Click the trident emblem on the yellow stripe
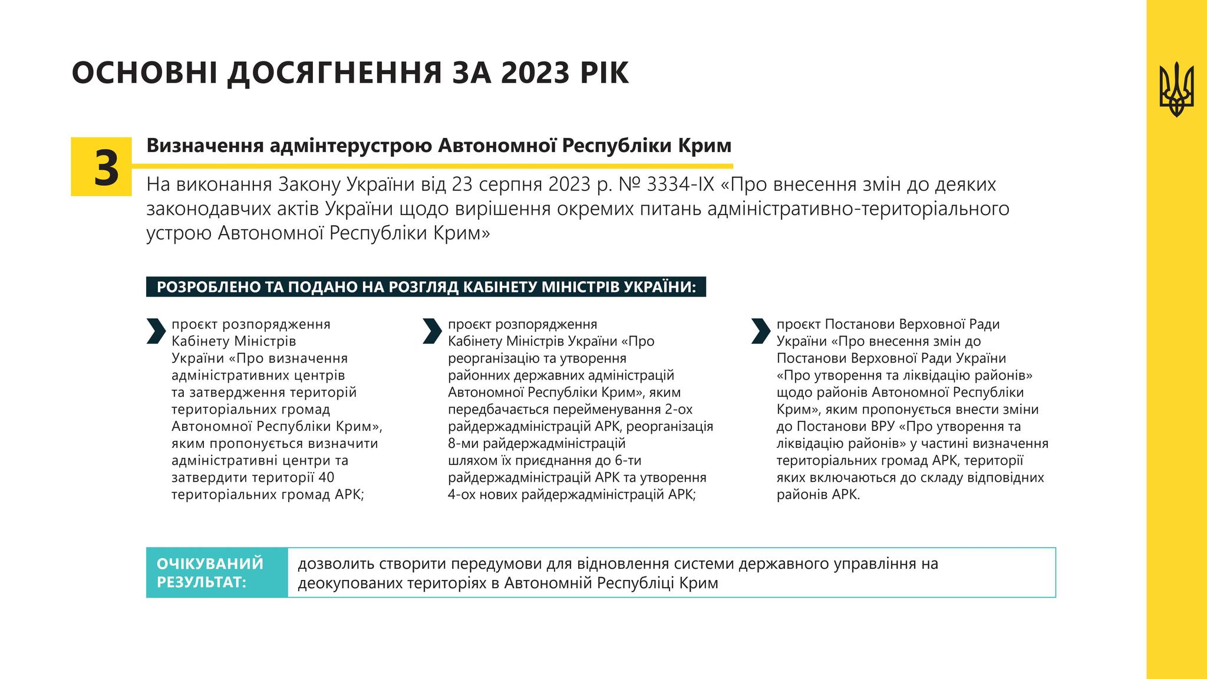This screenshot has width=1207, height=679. (1176, 90)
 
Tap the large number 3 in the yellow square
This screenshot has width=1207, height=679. (106, 167)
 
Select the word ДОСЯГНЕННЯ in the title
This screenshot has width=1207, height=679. (334, 74)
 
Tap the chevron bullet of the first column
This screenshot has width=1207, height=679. (156, 331)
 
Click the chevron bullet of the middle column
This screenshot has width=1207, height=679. (432, 331)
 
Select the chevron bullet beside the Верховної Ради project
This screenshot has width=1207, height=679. (761, 331)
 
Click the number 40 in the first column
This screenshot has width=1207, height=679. (326, 477)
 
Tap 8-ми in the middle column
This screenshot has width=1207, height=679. (464, 443)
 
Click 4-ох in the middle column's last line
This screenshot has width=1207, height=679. (462, 495)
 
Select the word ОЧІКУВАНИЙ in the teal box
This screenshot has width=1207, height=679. (210, 563)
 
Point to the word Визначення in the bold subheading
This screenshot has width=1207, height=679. (205, 146)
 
